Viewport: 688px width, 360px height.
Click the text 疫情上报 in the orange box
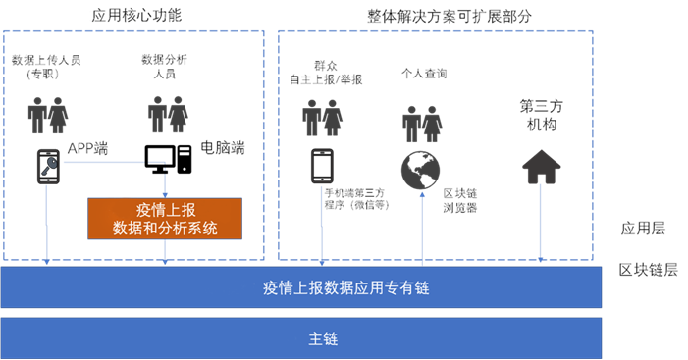coord(165,210)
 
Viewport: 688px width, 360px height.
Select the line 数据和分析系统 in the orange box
coord(165,229)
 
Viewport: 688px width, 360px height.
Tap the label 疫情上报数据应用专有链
coord(345,288)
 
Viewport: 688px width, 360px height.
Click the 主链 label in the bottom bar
coord(324,338)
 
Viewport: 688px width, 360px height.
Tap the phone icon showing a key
coord(48,167)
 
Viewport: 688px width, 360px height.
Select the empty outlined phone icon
coord(322,166)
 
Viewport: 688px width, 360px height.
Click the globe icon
coord(421,171)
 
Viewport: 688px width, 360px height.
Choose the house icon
coord(541,167)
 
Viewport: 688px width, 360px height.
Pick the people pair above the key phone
coord(48,116)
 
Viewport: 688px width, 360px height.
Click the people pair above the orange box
coord(168,115)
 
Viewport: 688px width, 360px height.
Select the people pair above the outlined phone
coord(322,118)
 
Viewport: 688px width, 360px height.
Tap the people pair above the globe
coord(422,125)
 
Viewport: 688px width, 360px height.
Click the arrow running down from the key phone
coord(47,226)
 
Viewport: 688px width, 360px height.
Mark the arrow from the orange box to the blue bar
coord(165,253)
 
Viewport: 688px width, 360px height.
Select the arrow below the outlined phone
coord(322,226)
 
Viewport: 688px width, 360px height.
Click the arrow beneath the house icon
coord(541,226)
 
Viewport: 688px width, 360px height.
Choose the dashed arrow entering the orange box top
coord(165,180)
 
